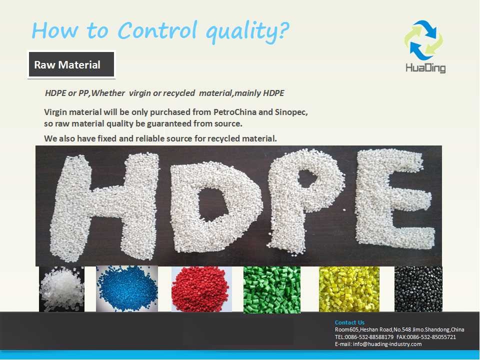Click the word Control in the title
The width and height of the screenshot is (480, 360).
pyautogui.click(x=156, y=30)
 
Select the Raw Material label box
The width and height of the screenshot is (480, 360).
pyautogui.click(x=71, y=64)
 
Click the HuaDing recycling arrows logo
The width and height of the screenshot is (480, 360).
pyautogui.click(x=424, y=40)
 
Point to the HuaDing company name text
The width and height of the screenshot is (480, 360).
pyautogui.click(x=425, y=67)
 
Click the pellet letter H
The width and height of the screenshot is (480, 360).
pyautogui.click(x=104, y=207)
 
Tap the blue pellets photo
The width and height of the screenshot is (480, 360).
pyautogui.click(x=127, y=288)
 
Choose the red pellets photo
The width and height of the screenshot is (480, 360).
pyautogui.click(x=201, y=289)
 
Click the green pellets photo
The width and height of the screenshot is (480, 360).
pyautogui.click(x=272, y=289)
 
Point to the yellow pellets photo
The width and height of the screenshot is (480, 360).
pyautogui.click(x=349, y=289)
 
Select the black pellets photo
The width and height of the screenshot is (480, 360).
pyautogui.click(x=418, y=289)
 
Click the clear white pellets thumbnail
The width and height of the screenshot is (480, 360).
pyautogui.click(x=61, y=289)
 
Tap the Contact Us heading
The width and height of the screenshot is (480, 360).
pyautogui.click(x=349, y=322)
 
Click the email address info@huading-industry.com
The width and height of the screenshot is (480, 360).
pyautogui.click(x=387, y=344)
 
